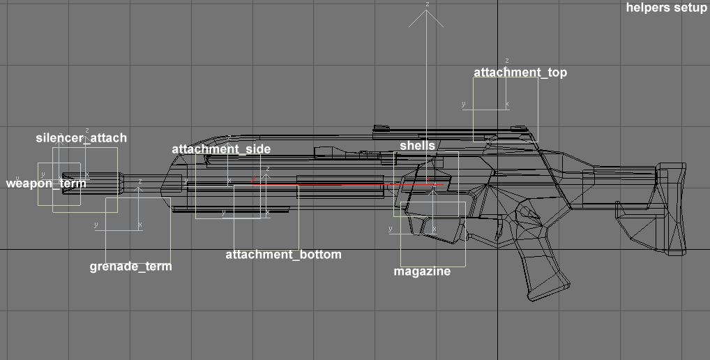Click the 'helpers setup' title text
pyautogui.click(x=667, y=7)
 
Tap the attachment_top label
pyautogui.click(x=520, y=73)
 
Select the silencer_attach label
pyautogui.click(x=82, y=138)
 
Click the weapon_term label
pyautogui.click(x=46, y=183)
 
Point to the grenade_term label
pyautogui.click(x=131, y=267)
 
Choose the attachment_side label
pyautogui.click(x=221, y=149)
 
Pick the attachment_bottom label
pyautogui.click(x=283, y=255)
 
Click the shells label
pyautogui.click(x=418, y=145)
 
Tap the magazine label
pyautogui.click(x=422, y=271)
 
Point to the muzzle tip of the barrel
pyautogui.click(x=63, y=183)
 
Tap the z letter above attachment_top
pyautogui.click(x=506, y=61)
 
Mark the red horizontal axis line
pyautogui.click(x=347, y=185)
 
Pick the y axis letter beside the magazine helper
pyautogui.click(x=391, y=229)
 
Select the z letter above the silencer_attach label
pyautogui.click(x=87, y=131)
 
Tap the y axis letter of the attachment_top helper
pyautogui.click(x=463, y=105)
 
